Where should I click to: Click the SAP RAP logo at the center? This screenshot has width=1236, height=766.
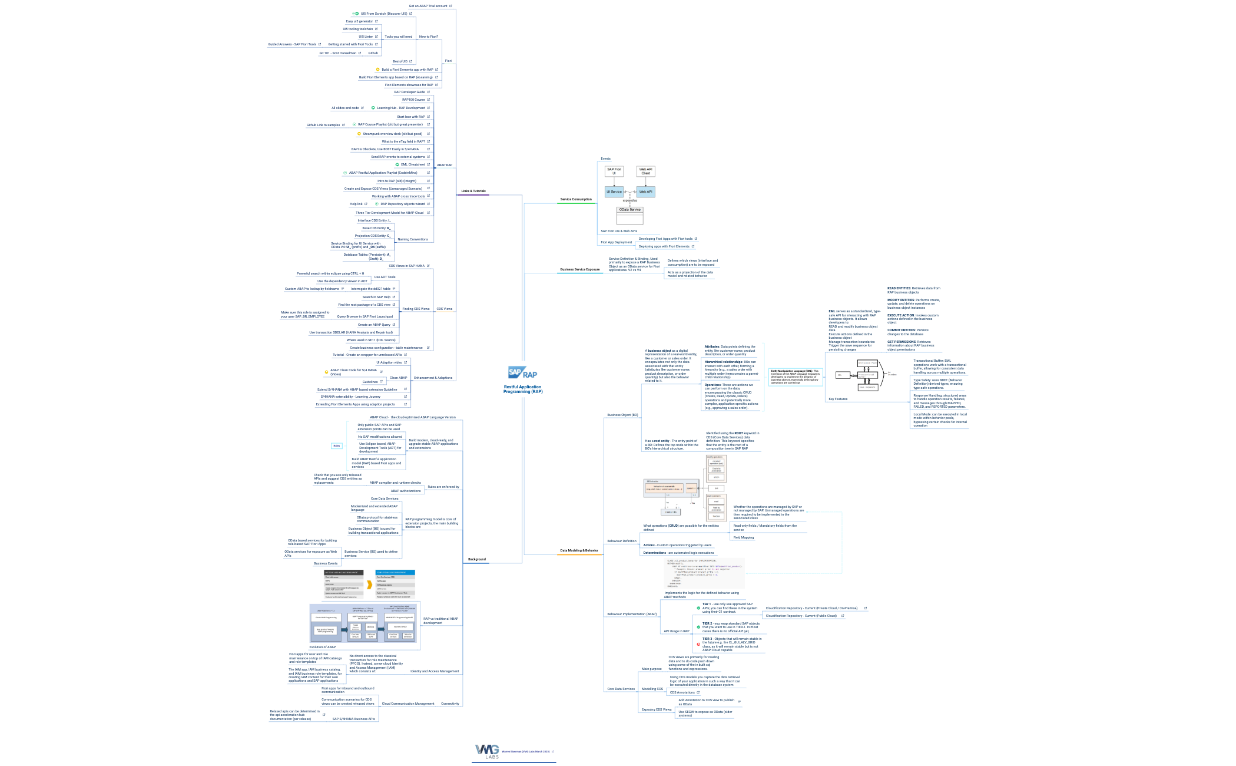522,373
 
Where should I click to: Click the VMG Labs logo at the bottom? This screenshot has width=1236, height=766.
488,751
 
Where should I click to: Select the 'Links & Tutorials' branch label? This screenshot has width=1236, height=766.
473,191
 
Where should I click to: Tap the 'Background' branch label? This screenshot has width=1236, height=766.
476,559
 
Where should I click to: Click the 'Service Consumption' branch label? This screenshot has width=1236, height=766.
575,199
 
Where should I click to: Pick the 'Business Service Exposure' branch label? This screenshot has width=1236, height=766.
579,269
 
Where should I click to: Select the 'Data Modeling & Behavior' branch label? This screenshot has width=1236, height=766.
579,550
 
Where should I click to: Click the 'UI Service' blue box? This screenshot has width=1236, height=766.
614,191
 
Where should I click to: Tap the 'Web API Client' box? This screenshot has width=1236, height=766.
645,171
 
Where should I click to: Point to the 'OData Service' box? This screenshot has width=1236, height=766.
629,210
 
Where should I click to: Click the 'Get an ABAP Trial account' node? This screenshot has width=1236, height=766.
428,6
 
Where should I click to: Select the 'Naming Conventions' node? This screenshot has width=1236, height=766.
412,239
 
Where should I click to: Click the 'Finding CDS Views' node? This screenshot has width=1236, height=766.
416,309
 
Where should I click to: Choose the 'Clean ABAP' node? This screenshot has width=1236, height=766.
398,378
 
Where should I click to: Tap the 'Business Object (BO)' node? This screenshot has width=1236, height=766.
622,415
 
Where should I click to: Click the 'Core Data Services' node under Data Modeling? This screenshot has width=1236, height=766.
621,689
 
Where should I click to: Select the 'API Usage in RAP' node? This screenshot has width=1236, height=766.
676,631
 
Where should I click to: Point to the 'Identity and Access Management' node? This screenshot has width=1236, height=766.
435,671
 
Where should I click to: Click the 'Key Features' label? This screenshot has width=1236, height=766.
837,399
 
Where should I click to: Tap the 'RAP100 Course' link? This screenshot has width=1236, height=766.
413,100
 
